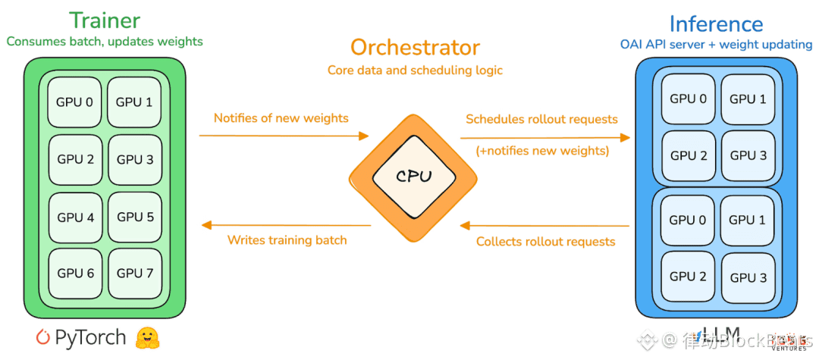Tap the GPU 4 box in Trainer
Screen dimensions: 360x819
pos(75,218)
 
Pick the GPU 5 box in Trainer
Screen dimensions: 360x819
pos(135,218)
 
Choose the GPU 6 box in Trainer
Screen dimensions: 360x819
pos(75,273)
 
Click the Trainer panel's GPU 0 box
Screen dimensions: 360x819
pos(75,101)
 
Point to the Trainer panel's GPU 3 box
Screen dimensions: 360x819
pos(135,159)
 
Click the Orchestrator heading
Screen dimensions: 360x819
pos(415,48)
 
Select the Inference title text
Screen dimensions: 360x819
pos(716,23)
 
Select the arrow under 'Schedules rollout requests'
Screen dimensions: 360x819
pos(544,137)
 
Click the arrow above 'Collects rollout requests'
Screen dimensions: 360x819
pos(544,225)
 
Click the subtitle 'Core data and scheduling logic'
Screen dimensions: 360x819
pos(415,70)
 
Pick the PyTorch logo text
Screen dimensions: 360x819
pos(82,337)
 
